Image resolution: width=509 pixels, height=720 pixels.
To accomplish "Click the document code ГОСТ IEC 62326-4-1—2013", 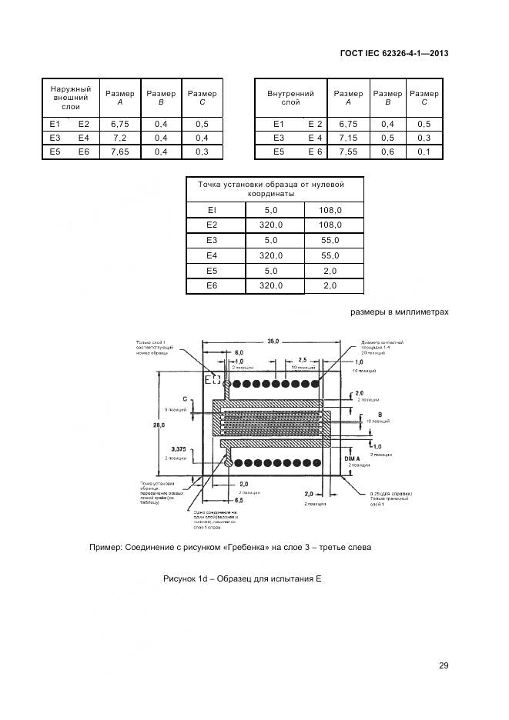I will (393, 53).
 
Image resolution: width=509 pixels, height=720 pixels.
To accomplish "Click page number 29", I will (444, 665).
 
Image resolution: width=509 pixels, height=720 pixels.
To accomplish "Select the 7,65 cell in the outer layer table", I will (119, 152).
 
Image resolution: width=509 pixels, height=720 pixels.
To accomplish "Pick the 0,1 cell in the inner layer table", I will (424, 152).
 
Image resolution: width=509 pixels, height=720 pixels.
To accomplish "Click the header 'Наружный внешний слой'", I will (71, 98).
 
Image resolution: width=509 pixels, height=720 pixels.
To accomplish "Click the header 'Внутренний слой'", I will (290, 98).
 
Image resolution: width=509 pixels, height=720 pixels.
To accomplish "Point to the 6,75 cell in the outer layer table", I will (119, 124).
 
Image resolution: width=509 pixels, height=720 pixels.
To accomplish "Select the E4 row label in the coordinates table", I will (213, 255).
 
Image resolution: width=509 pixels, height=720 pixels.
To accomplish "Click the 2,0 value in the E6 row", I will (330, 286).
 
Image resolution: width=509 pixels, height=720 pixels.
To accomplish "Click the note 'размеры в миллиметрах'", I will (399, 312).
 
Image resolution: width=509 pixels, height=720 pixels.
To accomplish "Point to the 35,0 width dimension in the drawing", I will (273, 341).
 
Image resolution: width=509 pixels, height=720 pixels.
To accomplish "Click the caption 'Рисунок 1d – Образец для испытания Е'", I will (242, 578).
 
